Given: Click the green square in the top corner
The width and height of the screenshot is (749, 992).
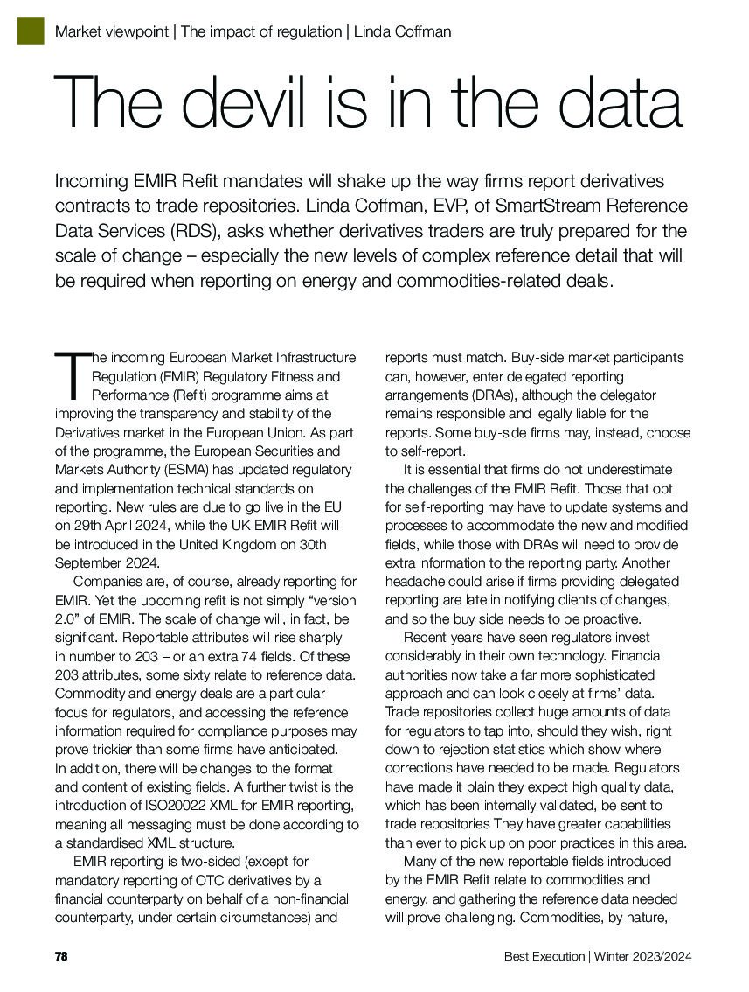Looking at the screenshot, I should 31,31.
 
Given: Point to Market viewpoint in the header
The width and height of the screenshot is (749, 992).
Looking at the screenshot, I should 112,31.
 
